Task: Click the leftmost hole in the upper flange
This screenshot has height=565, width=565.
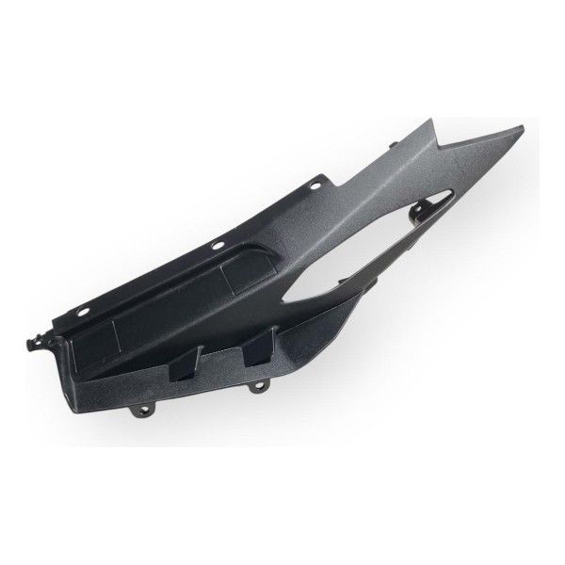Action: coord(86,306)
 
